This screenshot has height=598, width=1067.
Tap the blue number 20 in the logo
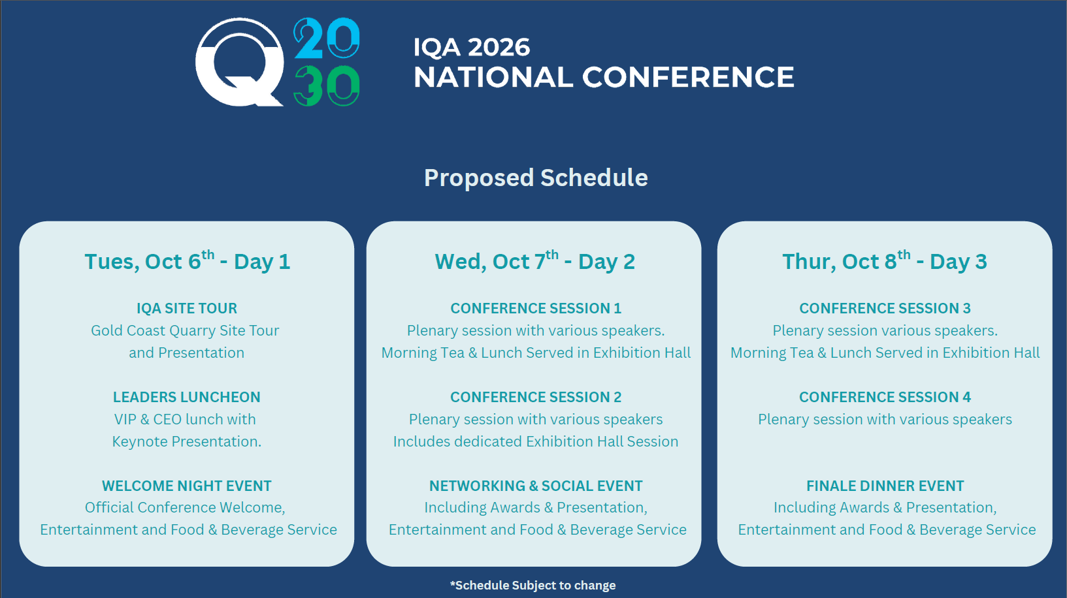coord(327,38)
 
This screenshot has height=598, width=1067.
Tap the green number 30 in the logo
coord(327,86)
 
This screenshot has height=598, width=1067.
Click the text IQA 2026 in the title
coord(472,47)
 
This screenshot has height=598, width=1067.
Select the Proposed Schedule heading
coord(536,178)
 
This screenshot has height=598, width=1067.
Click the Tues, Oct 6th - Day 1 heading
coord(188,260)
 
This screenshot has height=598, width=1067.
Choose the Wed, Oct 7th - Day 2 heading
coord(535,260)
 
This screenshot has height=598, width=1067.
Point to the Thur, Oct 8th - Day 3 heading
coord(885,260)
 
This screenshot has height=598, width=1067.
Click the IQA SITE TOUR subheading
coord(187,309)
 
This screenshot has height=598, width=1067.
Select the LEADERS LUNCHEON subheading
coord(187,397)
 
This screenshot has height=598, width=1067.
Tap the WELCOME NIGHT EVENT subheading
coord(187,486)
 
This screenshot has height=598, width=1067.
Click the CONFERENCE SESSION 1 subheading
coord(536,309)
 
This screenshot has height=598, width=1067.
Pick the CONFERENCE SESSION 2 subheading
coord(536,397)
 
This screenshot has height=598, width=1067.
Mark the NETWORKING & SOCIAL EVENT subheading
coord(536,486)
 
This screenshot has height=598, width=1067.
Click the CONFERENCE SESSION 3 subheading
coord(885,309)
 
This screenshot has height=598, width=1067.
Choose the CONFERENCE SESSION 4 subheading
coord(885,397)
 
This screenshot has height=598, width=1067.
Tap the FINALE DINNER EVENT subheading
coord(885,486)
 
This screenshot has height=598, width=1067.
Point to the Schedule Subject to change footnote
coord(533,585)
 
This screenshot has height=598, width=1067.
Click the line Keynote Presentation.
coord(187,442)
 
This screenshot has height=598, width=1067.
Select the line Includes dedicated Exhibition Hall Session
coord(536,442)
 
